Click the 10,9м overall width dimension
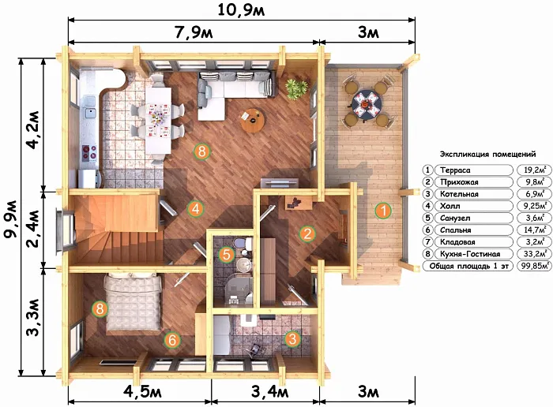[241, 9]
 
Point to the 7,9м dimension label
[194, 32]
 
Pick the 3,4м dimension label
[270, 391]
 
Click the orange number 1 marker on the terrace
[383, 211]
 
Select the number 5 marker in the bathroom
[227, 254]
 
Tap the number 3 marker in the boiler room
[292, 339]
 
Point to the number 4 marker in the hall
[195, 208]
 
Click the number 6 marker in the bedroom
[172, 340]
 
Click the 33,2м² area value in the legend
[535, 253]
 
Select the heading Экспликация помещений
[487, 155]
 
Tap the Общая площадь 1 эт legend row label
[468, 266]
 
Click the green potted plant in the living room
[296, 88]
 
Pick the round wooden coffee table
[253, 120]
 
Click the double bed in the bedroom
[134, 302]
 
